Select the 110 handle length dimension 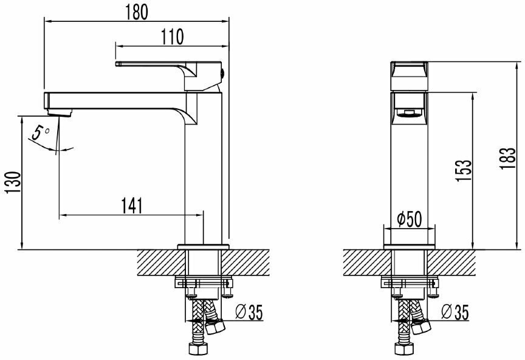click(x=173, y=37)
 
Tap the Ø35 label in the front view click(x=456, y=312)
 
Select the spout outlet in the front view click(x=409, y=111)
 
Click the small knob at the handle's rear click(x=222, y=74)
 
